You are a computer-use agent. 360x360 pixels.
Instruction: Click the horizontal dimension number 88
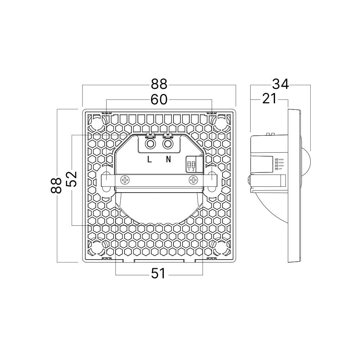159,85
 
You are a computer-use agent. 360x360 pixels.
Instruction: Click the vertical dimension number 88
57,185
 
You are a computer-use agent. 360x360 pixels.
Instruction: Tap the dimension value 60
159,100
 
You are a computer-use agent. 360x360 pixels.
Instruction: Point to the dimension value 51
158,274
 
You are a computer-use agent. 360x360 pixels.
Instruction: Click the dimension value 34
280,85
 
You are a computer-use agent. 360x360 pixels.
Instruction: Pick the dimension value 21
269,99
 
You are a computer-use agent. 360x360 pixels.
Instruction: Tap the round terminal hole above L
150,144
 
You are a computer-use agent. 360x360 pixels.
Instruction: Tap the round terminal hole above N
167,144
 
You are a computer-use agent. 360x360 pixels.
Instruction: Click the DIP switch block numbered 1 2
192,165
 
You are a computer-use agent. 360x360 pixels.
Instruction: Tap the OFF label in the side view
280,168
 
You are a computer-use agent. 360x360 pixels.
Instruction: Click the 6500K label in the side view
280,159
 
